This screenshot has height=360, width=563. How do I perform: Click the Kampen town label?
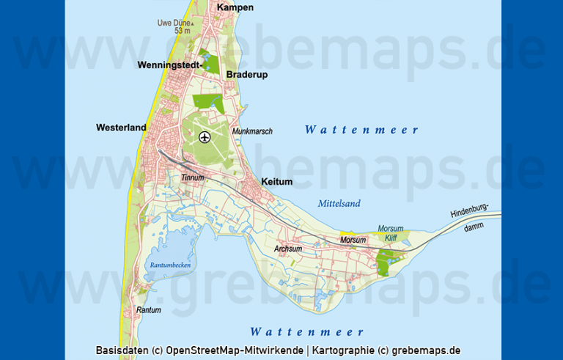tap(235, 7)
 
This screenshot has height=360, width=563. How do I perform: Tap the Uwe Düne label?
tap(173, 23)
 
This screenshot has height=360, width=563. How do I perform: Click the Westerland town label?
tap(121, 128)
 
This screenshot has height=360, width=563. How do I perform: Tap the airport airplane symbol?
tap(204, 136)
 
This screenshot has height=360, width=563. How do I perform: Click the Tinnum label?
tap(192, 177)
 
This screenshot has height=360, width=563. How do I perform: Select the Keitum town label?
tap(277, 182)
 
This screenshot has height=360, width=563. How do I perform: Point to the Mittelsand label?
tap(339, 204)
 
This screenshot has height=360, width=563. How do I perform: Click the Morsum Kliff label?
tap(391, 233)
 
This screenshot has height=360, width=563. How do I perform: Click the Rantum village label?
tap(148, 310)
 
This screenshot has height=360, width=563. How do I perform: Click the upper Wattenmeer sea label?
tap(361, 131)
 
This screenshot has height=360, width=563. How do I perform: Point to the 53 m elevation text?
tap(182, 31)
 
